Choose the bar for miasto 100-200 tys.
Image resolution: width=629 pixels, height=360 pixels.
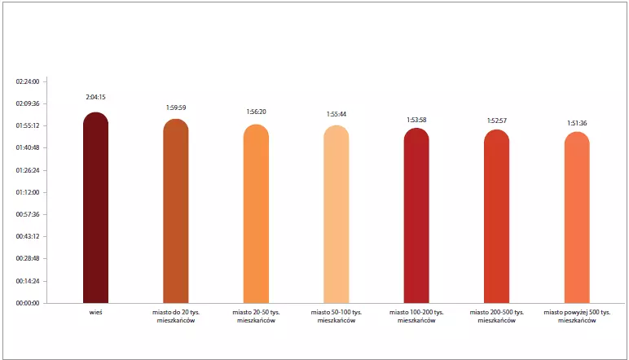[416, 216]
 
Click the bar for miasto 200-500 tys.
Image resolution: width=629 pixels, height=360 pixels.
[496, 217]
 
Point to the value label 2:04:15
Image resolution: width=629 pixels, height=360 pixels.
[95, 97]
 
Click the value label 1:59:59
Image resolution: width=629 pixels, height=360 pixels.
[176, 107]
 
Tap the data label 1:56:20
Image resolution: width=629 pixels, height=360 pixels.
[256, 112]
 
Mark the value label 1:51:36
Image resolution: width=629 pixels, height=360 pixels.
[577, 123]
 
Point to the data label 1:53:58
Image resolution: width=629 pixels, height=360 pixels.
[416, 120]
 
